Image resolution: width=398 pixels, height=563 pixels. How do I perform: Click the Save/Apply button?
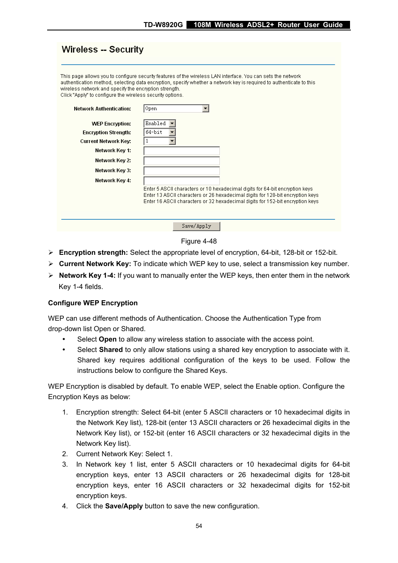click(x=196, y=226)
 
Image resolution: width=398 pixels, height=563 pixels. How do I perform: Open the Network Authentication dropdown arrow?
click(x=205, y=109)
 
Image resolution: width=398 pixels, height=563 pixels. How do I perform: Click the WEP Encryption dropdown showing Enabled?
click(x=160, y=123)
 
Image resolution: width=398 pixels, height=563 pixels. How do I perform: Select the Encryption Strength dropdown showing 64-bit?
click(x=160, y=132)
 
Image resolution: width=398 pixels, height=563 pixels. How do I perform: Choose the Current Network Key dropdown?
click(x=160, y=141)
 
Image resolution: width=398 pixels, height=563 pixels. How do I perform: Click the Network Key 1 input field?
click(x=181, y=151)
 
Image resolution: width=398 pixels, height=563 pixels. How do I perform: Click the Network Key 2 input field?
click(x=181, y=161)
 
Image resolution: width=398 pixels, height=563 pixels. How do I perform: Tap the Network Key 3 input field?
click(x=181, y=171)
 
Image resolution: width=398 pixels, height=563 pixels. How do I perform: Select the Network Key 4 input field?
click(x=181, y=181)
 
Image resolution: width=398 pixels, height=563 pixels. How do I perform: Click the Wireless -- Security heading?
click(x=103, y=50)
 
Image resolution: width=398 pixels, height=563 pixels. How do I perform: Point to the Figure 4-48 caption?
click(x=199, y=241)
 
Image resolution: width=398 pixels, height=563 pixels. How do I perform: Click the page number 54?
click(x=199, y=526)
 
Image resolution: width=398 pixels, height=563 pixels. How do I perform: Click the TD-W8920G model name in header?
click(x=163, y=25)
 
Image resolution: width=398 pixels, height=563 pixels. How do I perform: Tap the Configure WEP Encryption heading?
click(x=93, y=303)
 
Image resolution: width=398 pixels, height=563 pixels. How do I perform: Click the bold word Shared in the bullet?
click(x=111, y=349)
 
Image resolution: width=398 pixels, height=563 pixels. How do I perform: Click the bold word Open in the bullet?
click(x=108, y=339)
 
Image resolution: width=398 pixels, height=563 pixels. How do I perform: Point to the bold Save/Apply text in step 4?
click(x=124, y=506)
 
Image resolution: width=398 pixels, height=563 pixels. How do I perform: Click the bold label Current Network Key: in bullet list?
click(x=95, y=264)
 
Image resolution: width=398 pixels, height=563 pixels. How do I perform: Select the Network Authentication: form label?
click(x=102, y=109)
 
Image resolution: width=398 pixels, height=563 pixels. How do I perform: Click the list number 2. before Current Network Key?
click(x=65, y=454)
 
